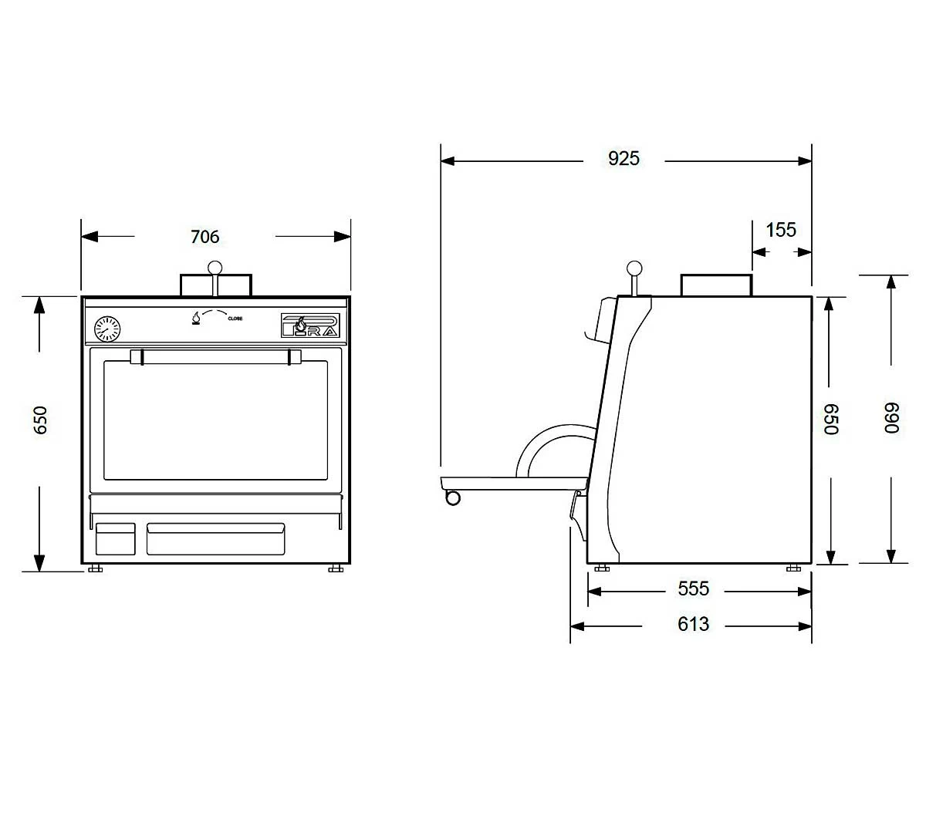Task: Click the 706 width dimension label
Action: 205,237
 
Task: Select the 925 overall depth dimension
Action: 624,158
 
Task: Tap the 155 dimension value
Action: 781,230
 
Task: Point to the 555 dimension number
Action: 693,589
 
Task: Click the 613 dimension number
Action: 693,624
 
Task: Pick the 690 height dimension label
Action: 892,418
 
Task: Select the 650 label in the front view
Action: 41,420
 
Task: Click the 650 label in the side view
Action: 830,419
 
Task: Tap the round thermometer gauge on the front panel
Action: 107,329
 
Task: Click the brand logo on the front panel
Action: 309,325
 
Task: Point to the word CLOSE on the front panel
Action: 235,319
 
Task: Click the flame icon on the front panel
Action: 196,318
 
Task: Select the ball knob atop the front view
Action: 215,268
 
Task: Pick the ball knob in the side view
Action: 634,268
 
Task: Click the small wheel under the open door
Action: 453,497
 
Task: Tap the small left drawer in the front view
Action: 115,538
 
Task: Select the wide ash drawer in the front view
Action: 215,538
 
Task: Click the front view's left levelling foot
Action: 96,569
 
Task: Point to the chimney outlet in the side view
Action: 716,285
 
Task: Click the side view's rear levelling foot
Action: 793,569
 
